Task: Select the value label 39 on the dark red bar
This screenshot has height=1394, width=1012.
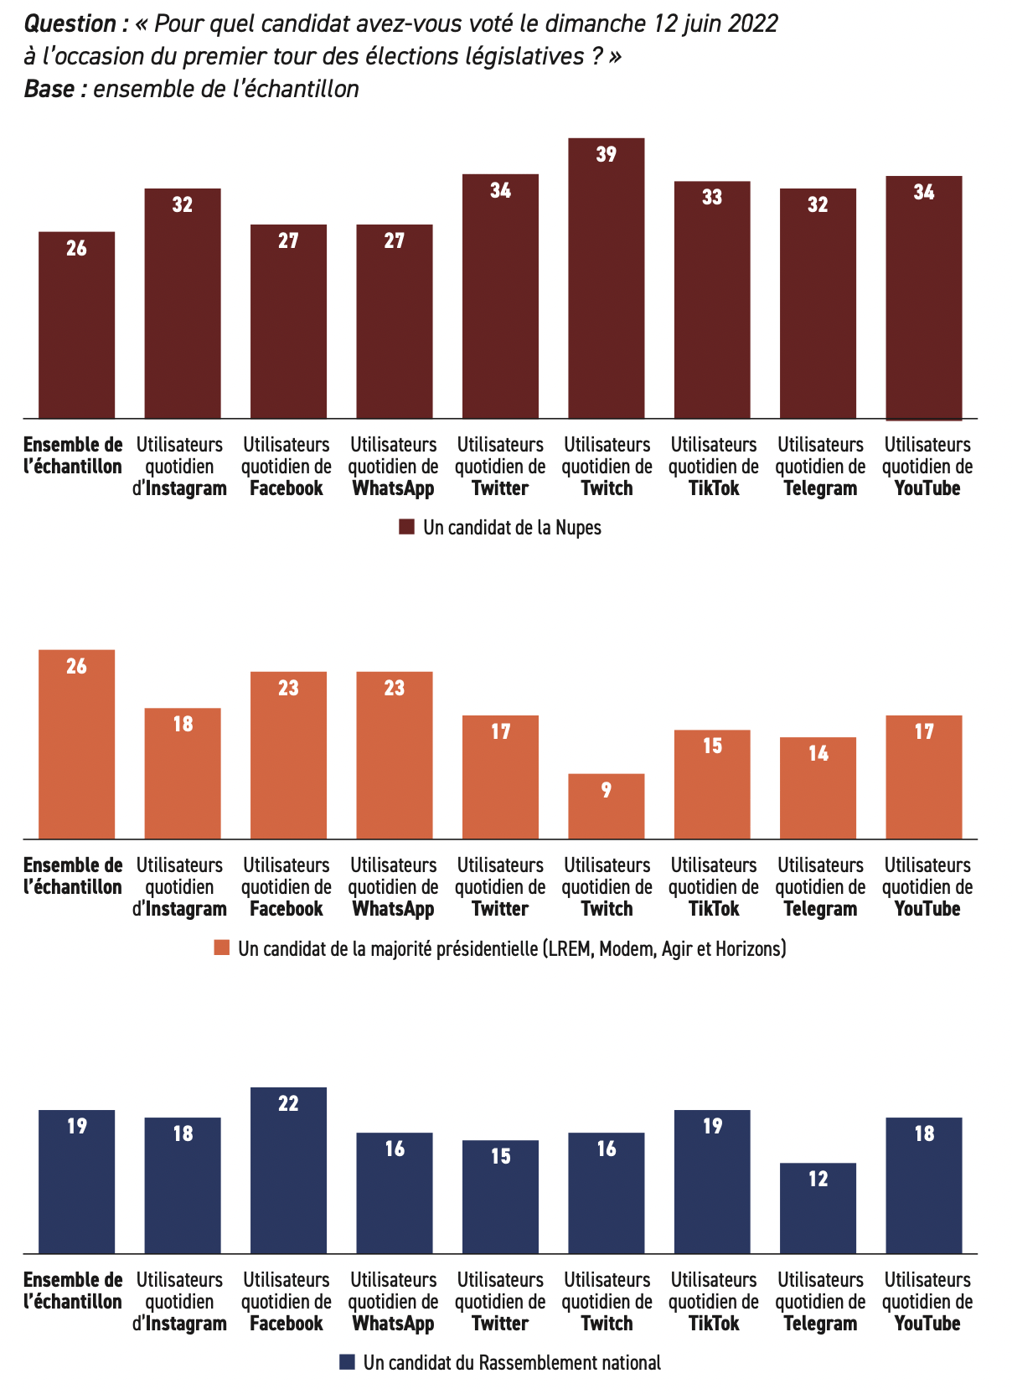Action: [x=607, y=154]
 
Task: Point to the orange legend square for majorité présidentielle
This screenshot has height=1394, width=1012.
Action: [x=222, y=948]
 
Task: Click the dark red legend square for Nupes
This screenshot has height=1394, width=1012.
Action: [x=407, y=527]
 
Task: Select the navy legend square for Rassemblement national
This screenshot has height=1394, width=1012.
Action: [x=347, y=1362]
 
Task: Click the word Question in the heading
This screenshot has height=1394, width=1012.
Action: [x=70, y=24]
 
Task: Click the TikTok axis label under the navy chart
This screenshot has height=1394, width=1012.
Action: [x=714, y=1324]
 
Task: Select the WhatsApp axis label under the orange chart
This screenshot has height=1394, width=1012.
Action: [x=393, y=909]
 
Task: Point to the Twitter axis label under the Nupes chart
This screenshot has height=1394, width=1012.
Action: [x=500, y=488]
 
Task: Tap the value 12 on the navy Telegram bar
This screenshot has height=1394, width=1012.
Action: [x=818, y=1179]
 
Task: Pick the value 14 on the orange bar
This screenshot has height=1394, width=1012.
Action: [x=818, y=753]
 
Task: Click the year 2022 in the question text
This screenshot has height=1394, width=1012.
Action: [x=752, y=23]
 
